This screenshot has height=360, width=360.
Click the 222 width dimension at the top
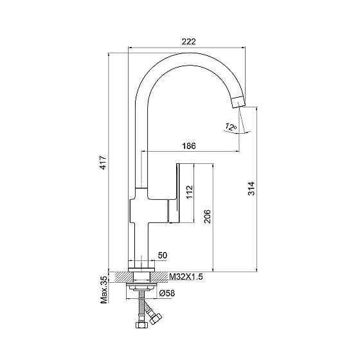coord(189,42)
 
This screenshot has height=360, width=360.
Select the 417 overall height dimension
coord(104,162)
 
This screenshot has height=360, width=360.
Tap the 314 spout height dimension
coord(251,188)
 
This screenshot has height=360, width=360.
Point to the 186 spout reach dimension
coord(189,146)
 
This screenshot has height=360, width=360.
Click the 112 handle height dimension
coord(190,192)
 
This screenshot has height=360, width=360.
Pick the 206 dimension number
coord(207,216)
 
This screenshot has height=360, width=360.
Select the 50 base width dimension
coord(163,255)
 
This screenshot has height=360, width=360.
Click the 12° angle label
coord(231,127)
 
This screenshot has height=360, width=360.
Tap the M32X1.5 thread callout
coord(186,277)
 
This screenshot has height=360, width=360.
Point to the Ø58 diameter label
coord(167,293)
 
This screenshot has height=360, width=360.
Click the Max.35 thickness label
coord(104,289)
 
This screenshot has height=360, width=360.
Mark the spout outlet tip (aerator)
coord(238,102)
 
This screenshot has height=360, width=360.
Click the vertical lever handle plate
coord(177,193)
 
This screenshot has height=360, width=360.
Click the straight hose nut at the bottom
coord(140,325)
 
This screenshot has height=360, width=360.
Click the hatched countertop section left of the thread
coord(122,277)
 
